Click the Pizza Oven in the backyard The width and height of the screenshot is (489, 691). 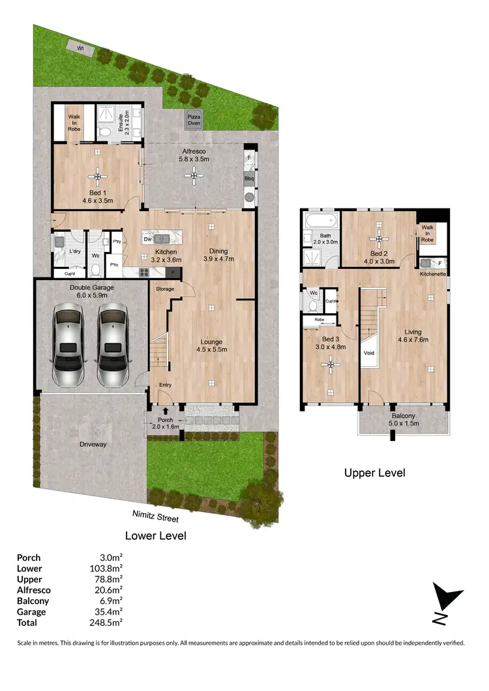[x=194, y=120]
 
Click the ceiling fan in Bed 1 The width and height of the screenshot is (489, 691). [x=97, y=175]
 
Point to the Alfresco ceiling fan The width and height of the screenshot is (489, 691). [x=192, y=174]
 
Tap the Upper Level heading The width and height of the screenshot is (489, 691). [x=374, y=473]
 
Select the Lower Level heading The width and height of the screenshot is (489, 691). [x=156, y=536]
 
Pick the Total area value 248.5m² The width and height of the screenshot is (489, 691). [x=108, y=623]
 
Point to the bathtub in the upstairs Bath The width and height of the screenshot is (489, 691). [x=321, y=219]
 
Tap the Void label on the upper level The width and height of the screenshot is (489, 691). [x=368, y=354]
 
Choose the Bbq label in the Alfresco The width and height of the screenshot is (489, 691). [x=248, y=178]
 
